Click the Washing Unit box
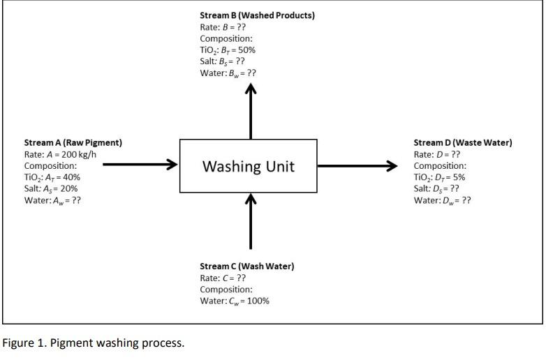pyautogui.click(x=249, y=166)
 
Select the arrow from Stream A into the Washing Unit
pyautogui.click(x=140, y=165)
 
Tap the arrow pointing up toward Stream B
pyautogui.click(x=251, y=112)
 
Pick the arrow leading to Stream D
pyautogui.click(x=357, y=166)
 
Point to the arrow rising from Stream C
pyautogui.click(x=251, y=222)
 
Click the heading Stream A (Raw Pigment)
pyautogui.click(x=73, y=142)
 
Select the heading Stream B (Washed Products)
pyautogui.click(x=257, y=15)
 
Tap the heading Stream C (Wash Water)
pyautogui.click(x=246, y=266)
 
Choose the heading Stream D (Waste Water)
pyautogui.click(x=462, y=142)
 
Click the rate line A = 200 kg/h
pyautogui.click(x=59, y=154)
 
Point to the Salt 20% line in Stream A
pyautogui.click(x=51, y=188)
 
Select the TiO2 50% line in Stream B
pyautogui.click(x=228, y=50)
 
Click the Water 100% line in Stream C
pyautogui.click(x=234, y=301)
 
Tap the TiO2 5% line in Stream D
pyautogui.click(x=439, y=177)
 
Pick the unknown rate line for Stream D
pyautogui.click(x=437, y=154)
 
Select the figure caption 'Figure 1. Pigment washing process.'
pyautogui.click(x=94, y=343)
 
